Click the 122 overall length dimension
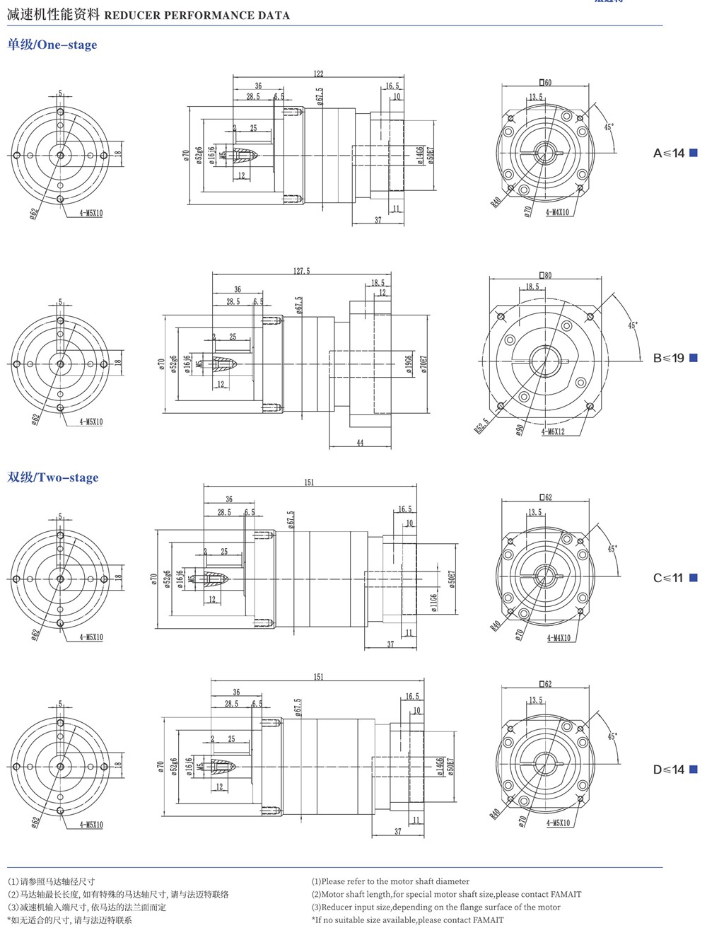click(x=318, y=74)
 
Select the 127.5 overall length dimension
click(x=302, y=271)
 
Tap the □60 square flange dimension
click(x=545, y=83)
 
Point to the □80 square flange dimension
click(x=545, y=275)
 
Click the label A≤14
click(x=669, y=153)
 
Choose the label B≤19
click(x=669, y=359)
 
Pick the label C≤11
click(x=668, y=579)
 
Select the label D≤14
click(x=669, y=770)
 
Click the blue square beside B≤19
click(x=694, y=359)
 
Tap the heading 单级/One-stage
click(x=52, y=45)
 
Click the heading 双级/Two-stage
click(x=53, y=477)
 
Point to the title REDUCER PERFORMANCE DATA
click(x=197, y=15)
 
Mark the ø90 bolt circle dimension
click(x=520, y=430)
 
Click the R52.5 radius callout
click(x=481, y=426)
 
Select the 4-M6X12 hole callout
click(x=553, y=431)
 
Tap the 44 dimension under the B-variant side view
click(x=360, y=443)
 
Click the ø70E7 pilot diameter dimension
click(x=424, y=364)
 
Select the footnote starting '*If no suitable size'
click(x=407, y=920)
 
